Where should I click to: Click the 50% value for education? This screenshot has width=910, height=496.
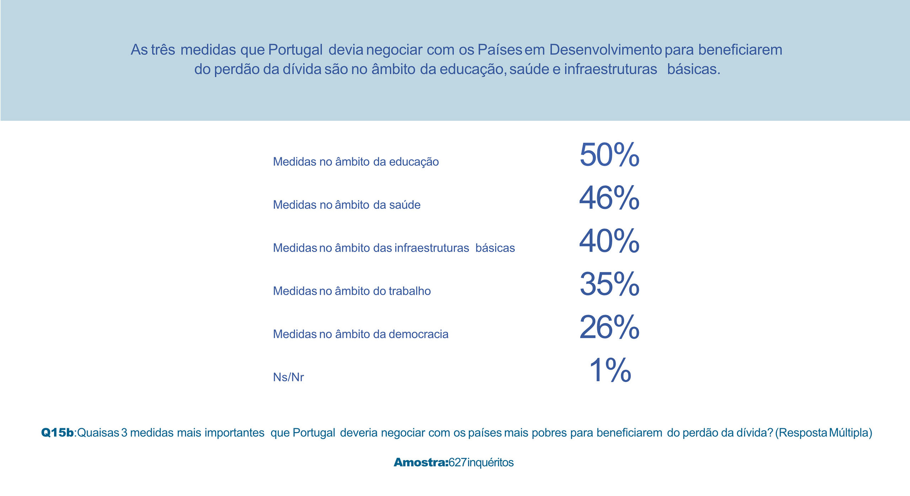(609, 155)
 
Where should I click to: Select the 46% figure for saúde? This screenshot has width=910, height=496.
(609, 198)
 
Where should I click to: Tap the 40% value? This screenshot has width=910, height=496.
(609, 241)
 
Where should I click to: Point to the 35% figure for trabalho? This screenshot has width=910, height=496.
(609, 284)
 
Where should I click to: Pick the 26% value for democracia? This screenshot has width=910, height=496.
(609, 327)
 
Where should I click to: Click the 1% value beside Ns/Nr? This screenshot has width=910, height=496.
(610, 370)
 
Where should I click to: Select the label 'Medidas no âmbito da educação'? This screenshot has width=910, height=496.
(355, 162)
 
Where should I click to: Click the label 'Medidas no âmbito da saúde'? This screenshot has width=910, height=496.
(346, 205)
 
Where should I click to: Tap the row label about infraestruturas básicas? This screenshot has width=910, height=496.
(393, 248)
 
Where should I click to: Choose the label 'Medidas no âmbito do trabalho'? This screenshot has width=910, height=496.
(352, 291)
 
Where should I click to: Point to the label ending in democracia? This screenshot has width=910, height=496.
(360, 334)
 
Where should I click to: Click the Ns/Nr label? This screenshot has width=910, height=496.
(288, 378)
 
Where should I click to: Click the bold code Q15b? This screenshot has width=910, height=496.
(57, 433)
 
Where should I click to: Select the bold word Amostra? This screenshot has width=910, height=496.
(421, 462)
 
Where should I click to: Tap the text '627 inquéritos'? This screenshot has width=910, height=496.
(481, 462)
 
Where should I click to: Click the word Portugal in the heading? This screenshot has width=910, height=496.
(295, 50)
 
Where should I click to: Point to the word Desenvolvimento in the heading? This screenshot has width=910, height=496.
(605, 50)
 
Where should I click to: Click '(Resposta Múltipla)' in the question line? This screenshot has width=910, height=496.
(824, 433)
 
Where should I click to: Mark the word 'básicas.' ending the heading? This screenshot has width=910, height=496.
(693, 70)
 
